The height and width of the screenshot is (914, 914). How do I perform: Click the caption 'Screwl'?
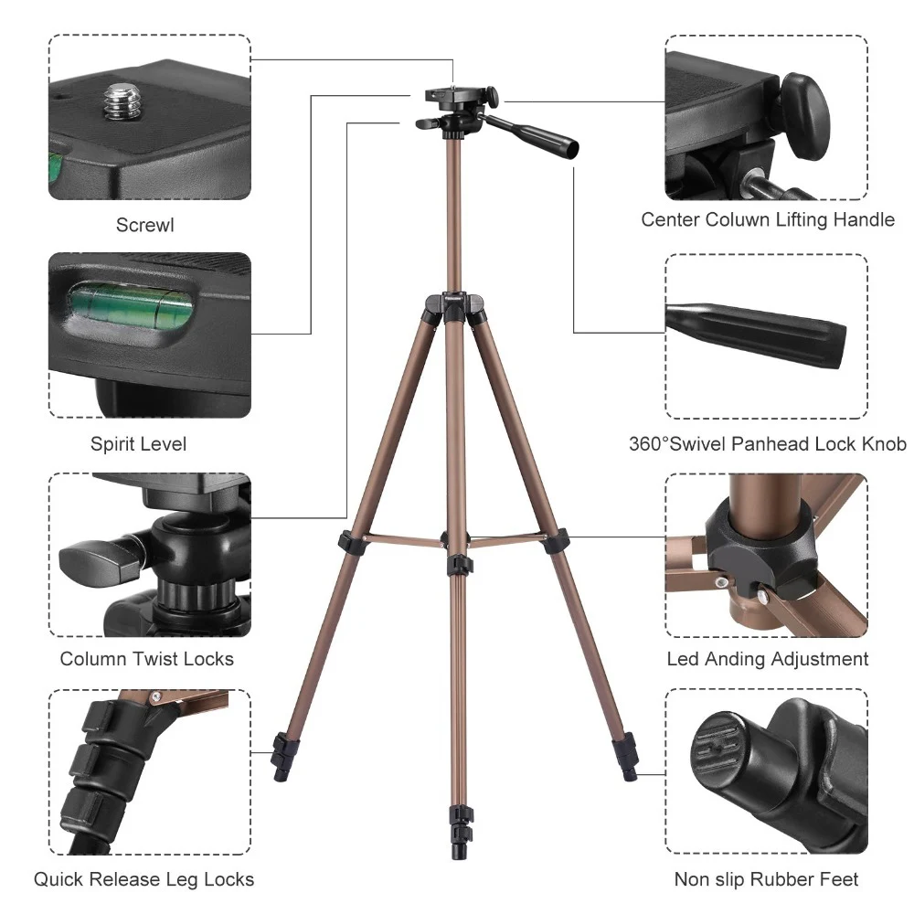coord(144,225)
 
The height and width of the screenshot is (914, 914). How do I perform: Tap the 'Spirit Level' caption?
coord(138,444)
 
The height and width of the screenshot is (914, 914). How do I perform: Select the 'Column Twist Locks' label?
coord(146,659)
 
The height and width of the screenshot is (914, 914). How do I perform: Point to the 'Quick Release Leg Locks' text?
coord(144,879)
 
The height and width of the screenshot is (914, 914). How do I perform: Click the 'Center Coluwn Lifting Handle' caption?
coord(768,219)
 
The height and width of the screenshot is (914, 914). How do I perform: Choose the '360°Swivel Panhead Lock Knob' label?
coord(768,444)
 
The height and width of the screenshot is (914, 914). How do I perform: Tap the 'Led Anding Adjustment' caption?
coord(768,659)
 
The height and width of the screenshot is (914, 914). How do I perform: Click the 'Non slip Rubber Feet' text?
coord(767,879)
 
